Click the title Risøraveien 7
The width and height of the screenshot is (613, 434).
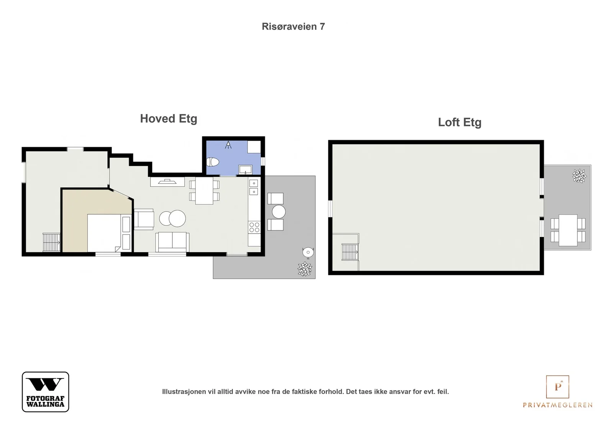pos(293,26)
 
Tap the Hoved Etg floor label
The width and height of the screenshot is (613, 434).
pos(169,119)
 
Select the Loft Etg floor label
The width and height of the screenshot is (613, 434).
pos(460,122)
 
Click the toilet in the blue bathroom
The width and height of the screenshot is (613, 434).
pos(213,162)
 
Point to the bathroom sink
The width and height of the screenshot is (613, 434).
pos(246,169)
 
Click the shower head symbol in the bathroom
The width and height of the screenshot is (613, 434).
pos(228,145)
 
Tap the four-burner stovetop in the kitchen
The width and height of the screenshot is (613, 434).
pos(254,227)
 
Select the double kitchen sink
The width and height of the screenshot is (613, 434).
pos(254,187)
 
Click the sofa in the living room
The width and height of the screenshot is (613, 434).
pos(172,242)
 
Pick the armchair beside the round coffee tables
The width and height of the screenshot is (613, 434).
pos(144,219)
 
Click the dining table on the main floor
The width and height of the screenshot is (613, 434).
pos(204,191)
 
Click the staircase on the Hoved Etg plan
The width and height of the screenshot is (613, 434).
pos(51,242)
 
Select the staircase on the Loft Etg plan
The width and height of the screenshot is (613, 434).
pos(350,252)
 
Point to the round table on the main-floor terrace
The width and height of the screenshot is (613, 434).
pos(279,212)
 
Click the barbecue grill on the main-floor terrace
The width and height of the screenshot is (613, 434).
pos(308,252)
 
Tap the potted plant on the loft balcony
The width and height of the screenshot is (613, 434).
pos(579,176)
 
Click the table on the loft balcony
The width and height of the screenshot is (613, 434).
pos(568,230)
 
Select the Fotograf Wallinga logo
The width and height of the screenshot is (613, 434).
pos(46,391)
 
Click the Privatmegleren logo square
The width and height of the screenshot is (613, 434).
pos(557,386)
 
